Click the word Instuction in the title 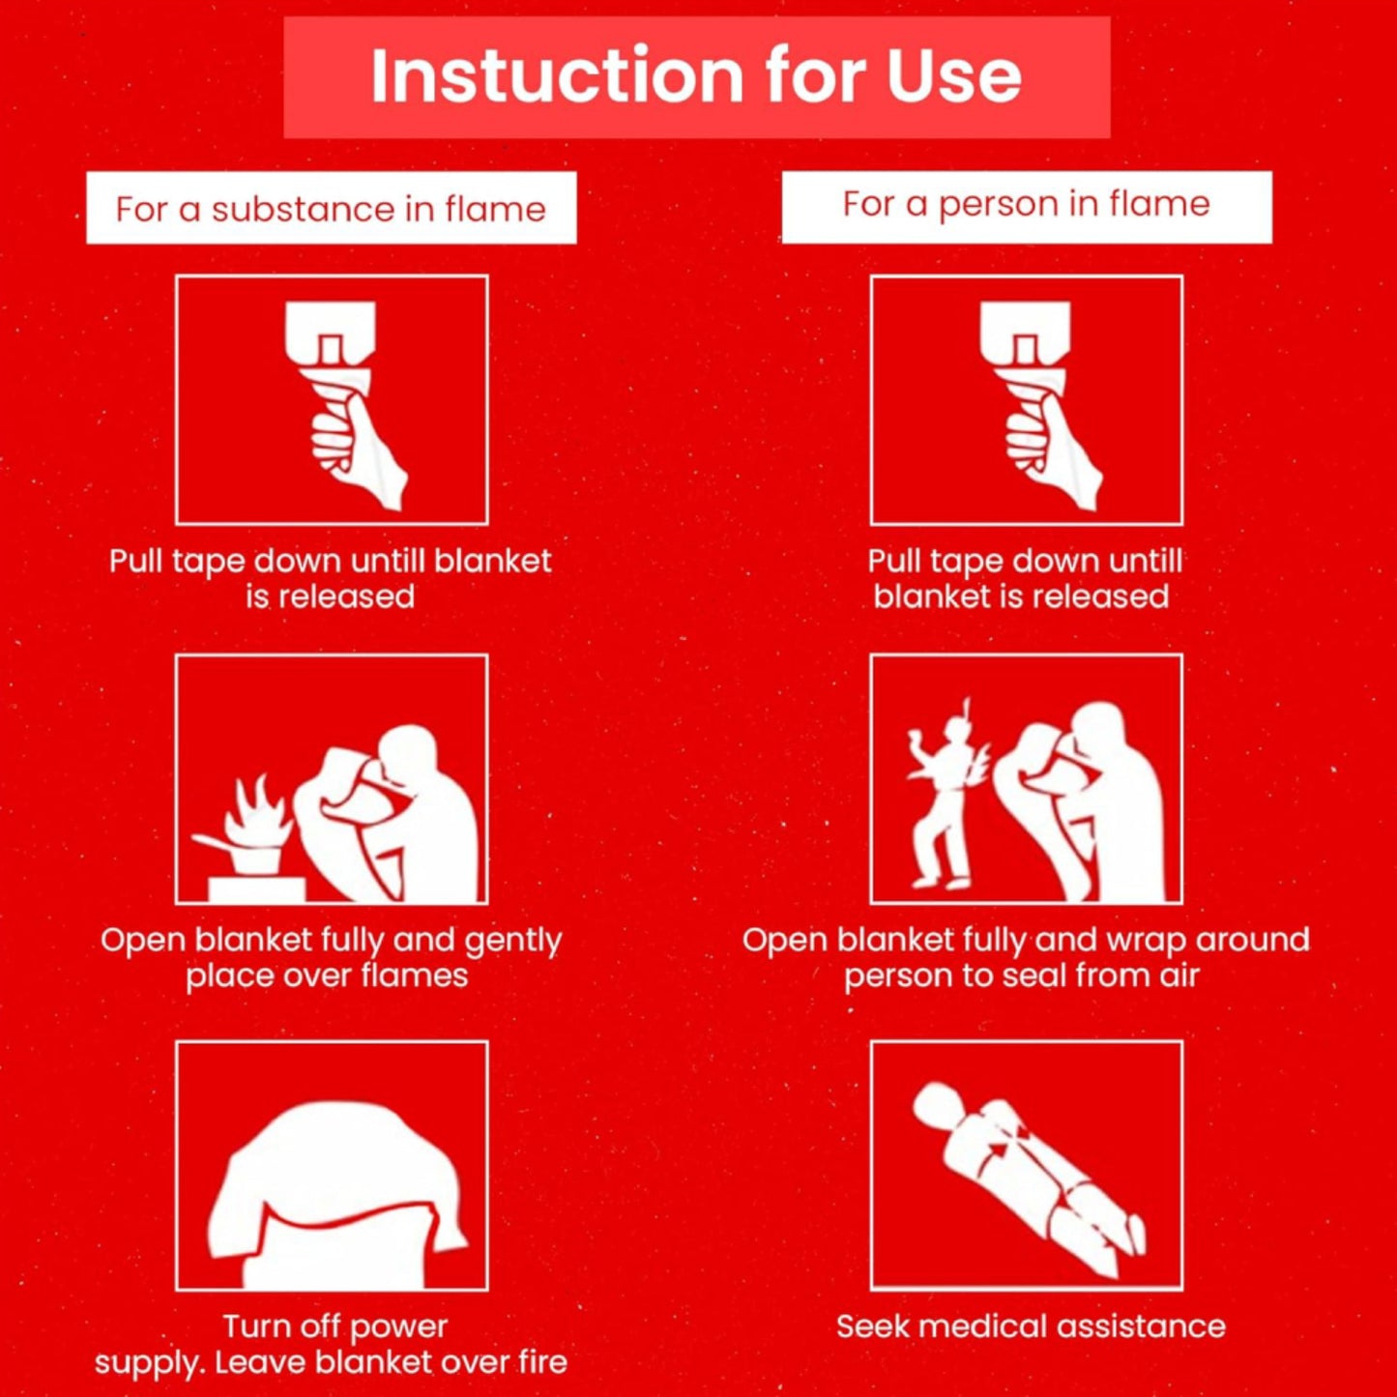tap(558, 74)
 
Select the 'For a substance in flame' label tap(332, 208)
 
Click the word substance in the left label tap(303, 210)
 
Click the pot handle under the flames tap(213, 842)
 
